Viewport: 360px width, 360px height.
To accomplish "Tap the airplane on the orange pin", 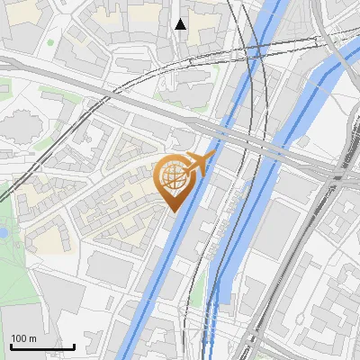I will (x=198, y=164).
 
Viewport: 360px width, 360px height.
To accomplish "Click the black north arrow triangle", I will (x=181, y=24).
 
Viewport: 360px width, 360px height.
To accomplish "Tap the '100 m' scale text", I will (x=23, y=338).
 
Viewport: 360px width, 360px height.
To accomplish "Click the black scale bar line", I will (x=42, y=346).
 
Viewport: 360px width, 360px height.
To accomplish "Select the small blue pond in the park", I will (x=3, y=231).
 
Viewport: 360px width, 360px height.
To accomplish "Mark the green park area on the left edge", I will (x=11, y=261).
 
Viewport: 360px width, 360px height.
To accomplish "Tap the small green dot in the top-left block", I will (x=50, y=41).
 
